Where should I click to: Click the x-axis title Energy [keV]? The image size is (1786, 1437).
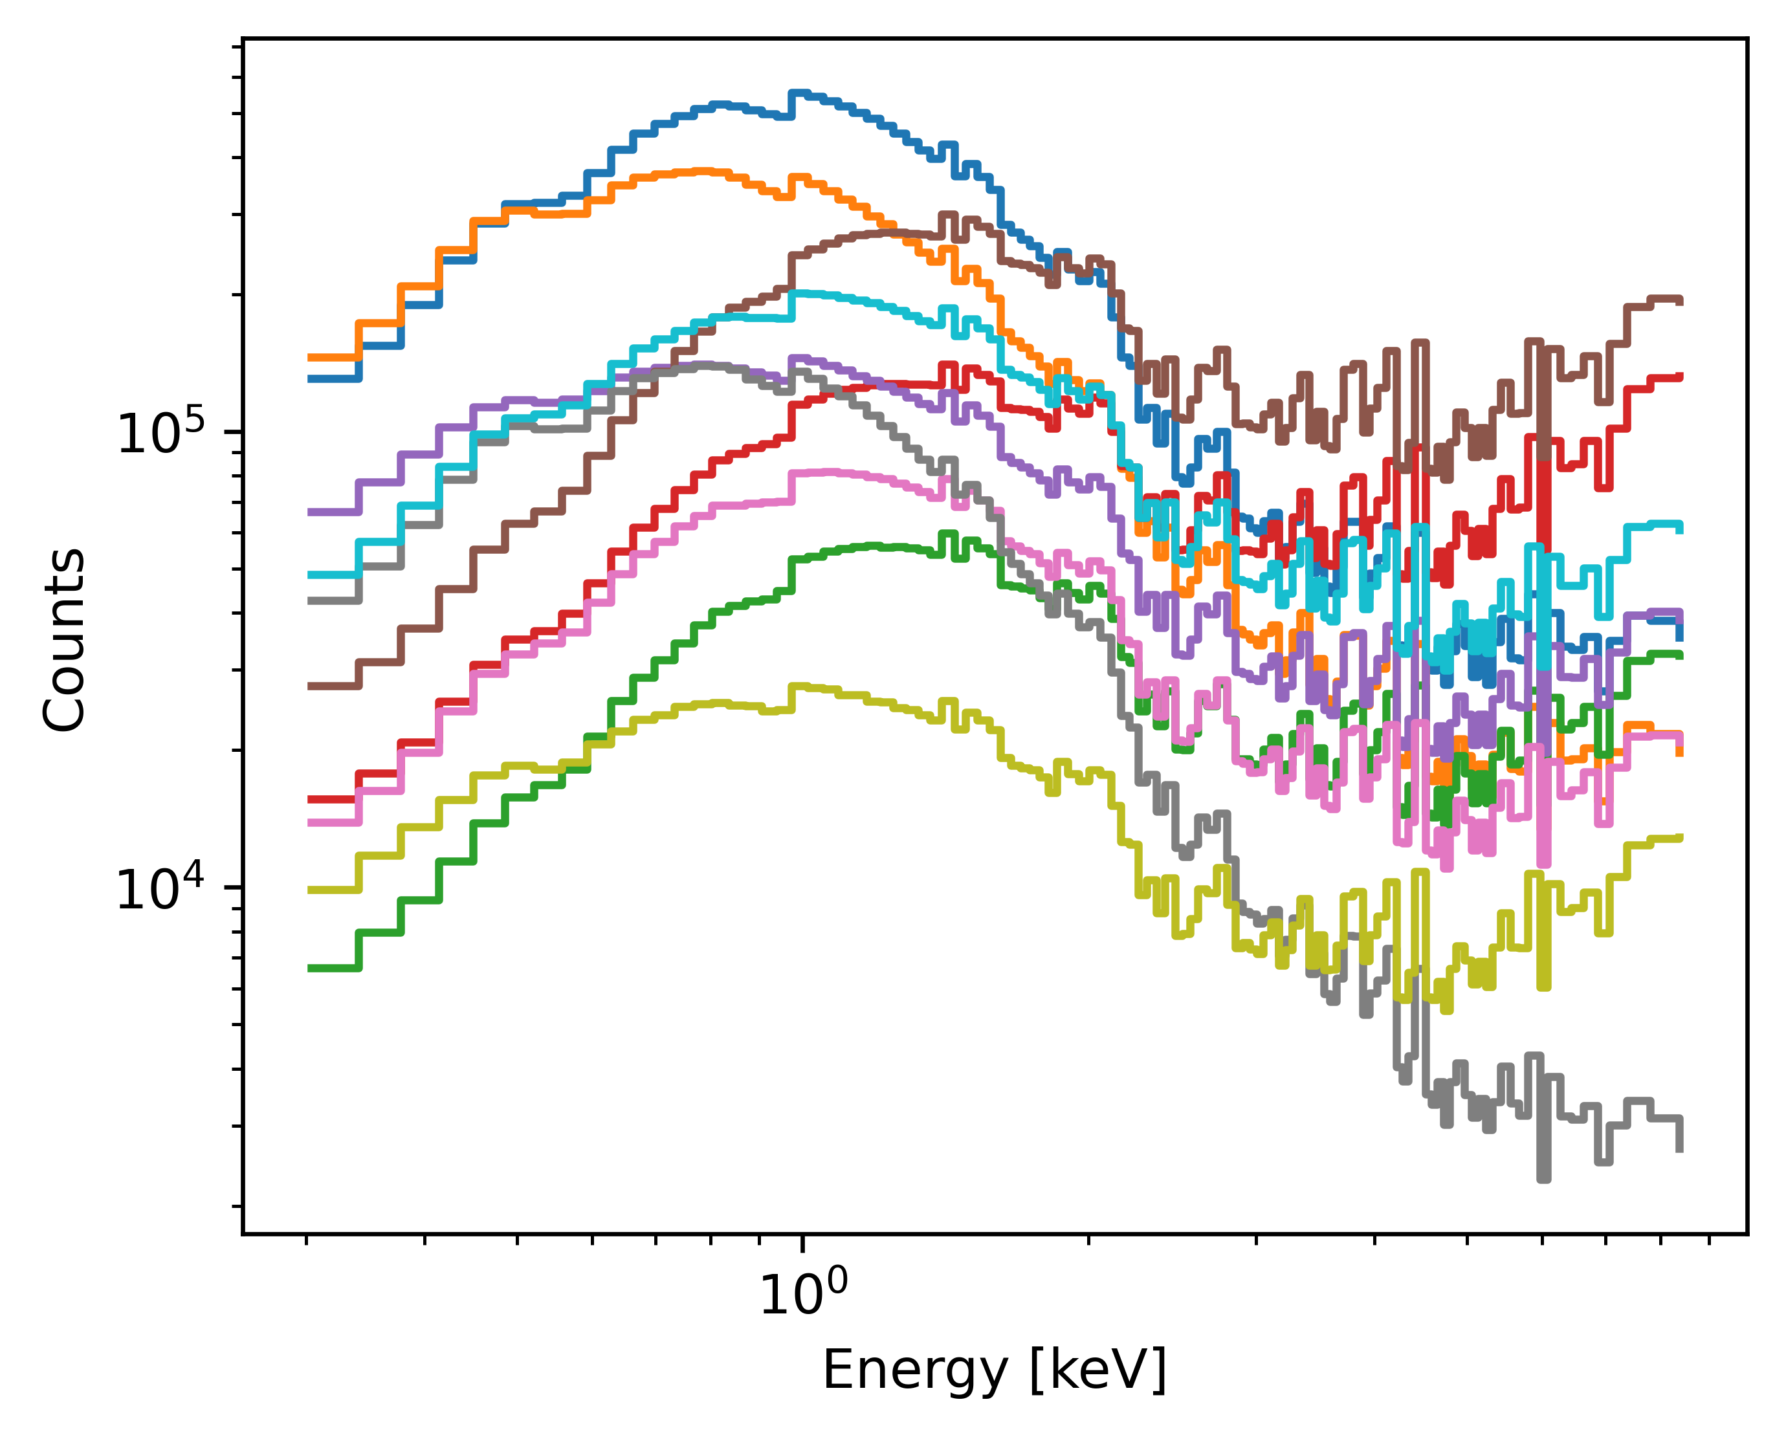994,1369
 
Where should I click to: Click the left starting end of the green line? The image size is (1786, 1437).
309,967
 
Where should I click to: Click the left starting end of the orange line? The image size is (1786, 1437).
309,358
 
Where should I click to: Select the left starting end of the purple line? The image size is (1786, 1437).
309,512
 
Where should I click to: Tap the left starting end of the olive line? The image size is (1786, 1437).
309,890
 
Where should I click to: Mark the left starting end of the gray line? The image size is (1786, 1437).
309,600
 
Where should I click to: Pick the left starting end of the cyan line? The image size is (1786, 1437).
309,574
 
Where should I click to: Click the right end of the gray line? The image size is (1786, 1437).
1679,1150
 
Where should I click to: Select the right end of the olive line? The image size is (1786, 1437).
1680,837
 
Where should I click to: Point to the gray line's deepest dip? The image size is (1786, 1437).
1543,1179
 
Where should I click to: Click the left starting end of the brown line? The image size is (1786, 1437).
309,686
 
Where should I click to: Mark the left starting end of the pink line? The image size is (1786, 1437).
309,822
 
